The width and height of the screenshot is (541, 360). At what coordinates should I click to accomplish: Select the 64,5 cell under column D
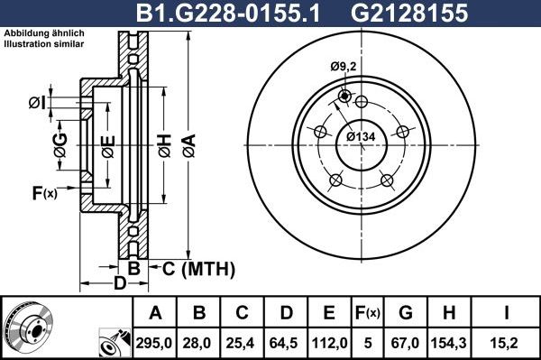(x=286, y=342)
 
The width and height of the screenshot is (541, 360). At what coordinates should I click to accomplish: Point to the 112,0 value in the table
(x=329, y=342)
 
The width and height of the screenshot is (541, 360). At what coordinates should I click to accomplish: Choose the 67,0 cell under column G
(x=407, y=342)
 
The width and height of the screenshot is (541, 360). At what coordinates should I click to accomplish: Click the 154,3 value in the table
(x=451, y=342)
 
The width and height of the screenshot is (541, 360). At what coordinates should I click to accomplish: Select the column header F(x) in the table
(x=368, y=313)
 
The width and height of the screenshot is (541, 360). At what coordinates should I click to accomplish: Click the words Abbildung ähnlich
(x=37, y=34)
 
